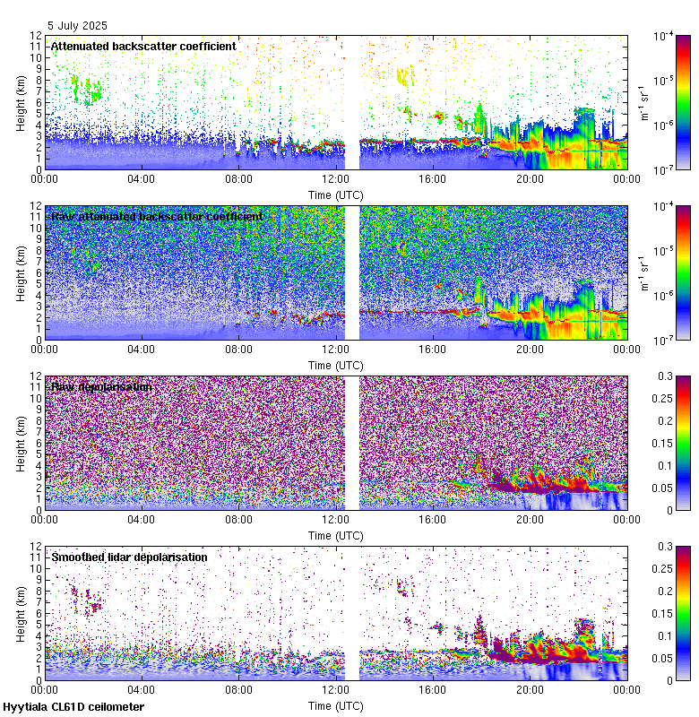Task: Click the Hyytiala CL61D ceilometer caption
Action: tap(73, 707)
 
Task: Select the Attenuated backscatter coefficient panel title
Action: tap(143, 46)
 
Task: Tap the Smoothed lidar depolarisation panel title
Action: tap(129, 557)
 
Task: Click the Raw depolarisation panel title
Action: tap(100, 386)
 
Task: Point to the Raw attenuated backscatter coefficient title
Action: tap(157, 216)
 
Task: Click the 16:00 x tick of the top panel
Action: tap(433, 178)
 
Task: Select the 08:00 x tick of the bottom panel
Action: tap(238, 689)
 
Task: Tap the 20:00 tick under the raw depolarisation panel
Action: tap(530, 519)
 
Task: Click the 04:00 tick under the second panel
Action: tap(142, 349)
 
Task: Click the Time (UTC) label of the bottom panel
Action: tap(335, 705)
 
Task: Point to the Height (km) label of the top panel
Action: tap(21, 102)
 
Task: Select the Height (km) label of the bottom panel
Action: tap(21, 613)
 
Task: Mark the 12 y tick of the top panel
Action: tap(34, 36)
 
